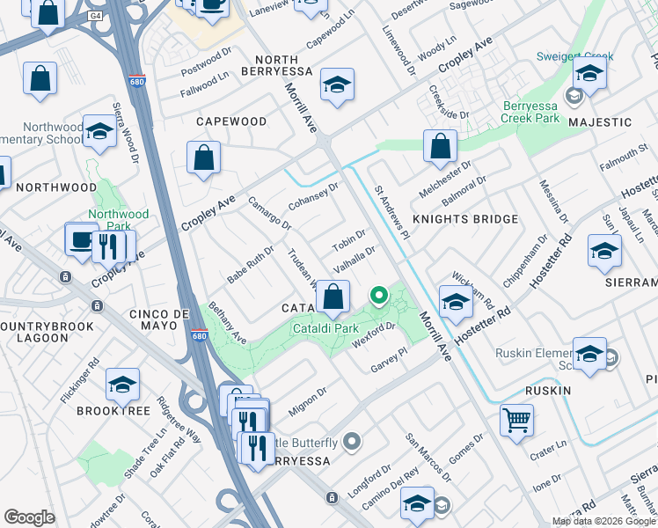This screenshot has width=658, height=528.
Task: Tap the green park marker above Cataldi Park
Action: coord(379,296)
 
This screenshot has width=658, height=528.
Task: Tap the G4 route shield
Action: coord(95,16)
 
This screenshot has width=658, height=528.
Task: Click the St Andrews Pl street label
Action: coord(392,211)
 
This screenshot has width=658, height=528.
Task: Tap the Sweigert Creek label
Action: coord(574,57)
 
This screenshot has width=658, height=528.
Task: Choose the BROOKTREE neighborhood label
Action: coord(111,410)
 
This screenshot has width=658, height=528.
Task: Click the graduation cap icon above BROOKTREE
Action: coord(122,384)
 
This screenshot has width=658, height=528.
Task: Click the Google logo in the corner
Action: coord(29,517)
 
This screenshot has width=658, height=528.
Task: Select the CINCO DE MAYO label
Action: coord(158,314)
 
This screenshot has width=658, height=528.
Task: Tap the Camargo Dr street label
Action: coord(269,213)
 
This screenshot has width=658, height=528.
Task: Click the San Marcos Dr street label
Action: coord(428,458)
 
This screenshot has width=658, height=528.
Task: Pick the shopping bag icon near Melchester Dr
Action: coord(440,146)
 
